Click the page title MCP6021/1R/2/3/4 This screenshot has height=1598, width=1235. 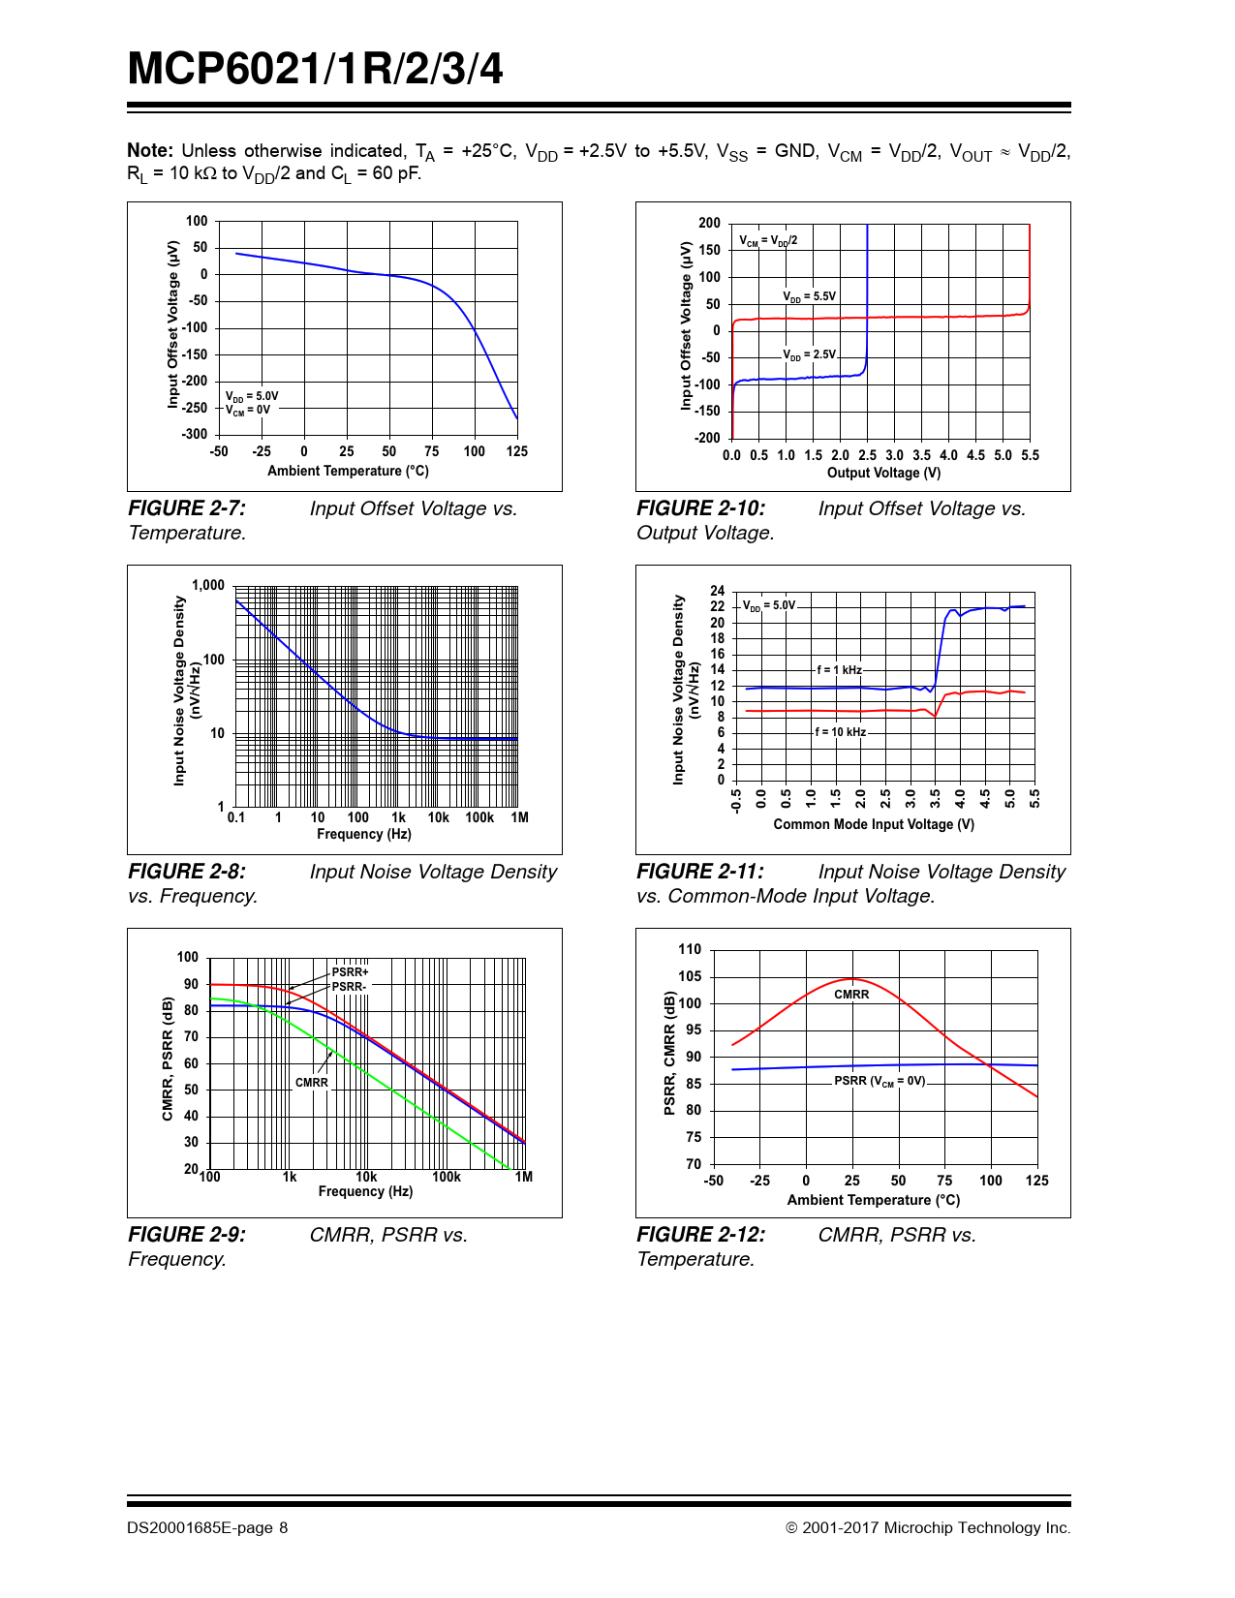315,70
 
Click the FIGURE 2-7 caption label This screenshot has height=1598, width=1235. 187,508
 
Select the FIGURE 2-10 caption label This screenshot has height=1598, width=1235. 700,508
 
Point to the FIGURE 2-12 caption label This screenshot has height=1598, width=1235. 700,1235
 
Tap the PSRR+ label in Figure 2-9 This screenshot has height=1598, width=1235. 350,972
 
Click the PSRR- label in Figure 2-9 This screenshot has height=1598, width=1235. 349,987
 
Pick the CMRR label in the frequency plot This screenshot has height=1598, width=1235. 311,1083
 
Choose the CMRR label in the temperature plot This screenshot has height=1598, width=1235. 851,995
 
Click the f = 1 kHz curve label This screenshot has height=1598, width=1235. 839,670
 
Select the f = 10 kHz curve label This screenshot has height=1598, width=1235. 840,732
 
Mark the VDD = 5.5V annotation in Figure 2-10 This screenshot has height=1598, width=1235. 809,296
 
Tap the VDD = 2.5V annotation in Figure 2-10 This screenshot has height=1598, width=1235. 809,354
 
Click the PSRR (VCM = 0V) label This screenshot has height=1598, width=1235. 880,1081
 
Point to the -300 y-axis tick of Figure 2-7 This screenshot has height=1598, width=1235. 195,434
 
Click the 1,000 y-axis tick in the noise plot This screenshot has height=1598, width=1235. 207,585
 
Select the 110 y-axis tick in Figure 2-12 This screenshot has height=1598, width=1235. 690,949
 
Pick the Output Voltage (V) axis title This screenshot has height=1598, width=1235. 883,473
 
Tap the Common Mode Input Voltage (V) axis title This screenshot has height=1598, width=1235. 874,824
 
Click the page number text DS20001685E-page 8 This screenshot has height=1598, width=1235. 207,1527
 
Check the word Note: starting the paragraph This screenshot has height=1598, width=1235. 150,151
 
